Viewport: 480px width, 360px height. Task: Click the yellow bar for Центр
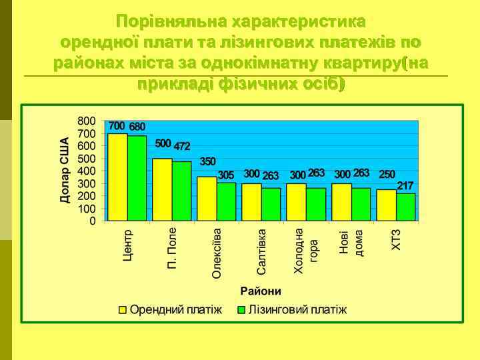click(x=117, y=177)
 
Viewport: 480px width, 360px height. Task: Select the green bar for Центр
click(x=137, y=178)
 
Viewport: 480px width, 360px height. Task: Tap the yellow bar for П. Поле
click(x=162, y=189)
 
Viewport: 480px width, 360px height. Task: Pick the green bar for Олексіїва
click(x=226, y=201)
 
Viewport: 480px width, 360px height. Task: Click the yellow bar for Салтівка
click(x=251, y=202)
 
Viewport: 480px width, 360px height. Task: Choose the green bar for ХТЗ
click(x=405, y=207)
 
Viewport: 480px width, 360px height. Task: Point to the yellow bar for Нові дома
click(x=341, y=202)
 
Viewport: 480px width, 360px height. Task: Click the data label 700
click(x=117, y=126)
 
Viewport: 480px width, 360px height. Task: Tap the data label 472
click(x=182, y=145)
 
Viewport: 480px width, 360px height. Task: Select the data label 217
click(x=405, y=185)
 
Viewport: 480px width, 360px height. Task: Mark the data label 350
click(x=208, y=161)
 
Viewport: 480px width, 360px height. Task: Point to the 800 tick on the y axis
click(x=87, y=121)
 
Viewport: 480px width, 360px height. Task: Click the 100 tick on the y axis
click(x=87, y=208)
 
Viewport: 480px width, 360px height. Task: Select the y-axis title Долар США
click(x=65, y=170)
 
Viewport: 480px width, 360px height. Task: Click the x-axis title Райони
click(x=261, y=291)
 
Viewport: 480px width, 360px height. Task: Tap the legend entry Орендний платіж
click(x=170, y=309)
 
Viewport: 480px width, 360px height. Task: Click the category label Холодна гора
click(x=305, y=250)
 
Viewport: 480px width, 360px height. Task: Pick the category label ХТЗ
click(x=397, y=241)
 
